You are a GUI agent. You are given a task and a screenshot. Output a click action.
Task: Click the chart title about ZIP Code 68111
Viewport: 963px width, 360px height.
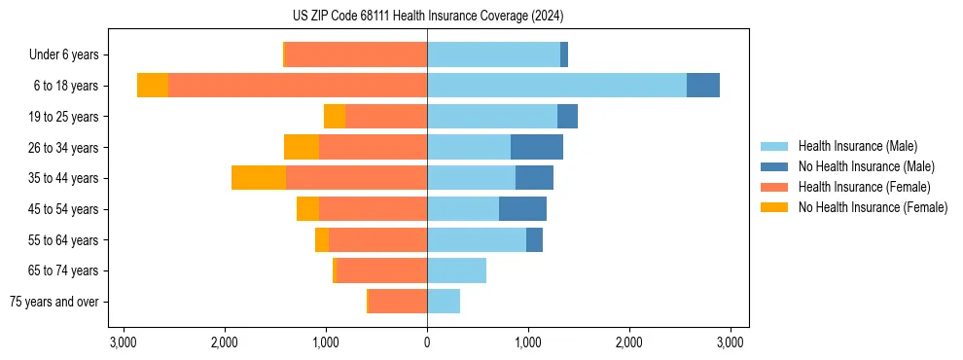(427, 16)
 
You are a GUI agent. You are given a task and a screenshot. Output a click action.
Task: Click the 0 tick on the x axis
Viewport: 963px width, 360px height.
(427, 342)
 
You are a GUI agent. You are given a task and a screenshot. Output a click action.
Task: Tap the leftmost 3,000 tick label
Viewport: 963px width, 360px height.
(124, 342)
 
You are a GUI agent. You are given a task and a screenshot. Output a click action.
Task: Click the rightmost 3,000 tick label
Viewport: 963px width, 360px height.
(731, 342)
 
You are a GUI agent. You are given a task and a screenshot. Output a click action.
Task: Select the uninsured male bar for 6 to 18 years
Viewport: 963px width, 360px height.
(703, 86)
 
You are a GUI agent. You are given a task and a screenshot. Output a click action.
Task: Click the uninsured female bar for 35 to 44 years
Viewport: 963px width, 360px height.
(259, 178)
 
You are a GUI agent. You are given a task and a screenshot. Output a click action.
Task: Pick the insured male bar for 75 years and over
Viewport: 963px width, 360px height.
(444, 302)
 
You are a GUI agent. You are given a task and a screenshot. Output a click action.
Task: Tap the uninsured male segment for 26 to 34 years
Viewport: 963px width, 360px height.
(537, 147)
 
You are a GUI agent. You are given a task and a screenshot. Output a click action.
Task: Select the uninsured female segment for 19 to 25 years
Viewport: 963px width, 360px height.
(335, 117)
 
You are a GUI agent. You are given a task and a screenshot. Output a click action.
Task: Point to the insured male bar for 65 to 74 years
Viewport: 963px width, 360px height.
(456, 270)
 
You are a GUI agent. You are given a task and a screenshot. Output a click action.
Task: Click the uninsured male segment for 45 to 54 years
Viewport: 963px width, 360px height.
(522, 208)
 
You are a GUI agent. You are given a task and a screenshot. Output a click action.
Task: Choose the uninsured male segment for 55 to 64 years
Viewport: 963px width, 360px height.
(534, 239)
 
